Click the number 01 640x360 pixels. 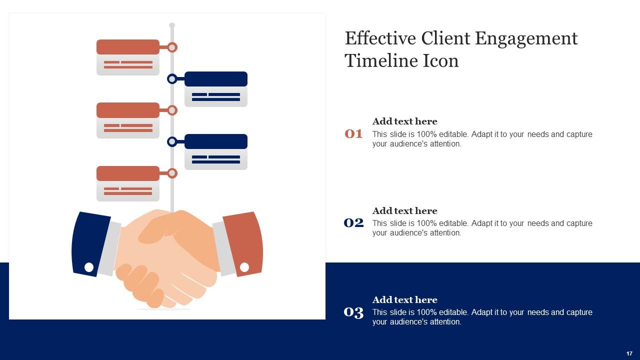click(x=353, y=134)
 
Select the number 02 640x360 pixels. click(x=353, y=223)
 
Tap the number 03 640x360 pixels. click(x=353, y=312)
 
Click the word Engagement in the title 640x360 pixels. click(x=526, y=39)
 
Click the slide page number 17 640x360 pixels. click(x=629, y=353)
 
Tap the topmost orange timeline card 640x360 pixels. click(x=128, y=57)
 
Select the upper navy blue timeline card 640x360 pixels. click(x=216, y=89)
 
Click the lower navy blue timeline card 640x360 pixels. click(x=216, y=151)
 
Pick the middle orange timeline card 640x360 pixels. click(x=128, y=120)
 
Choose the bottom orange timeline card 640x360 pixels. click(x=128, y=183)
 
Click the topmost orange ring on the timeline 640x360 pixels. click(x=172, y=47)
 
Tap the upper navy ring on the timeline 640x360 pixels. click(x=172, y=79)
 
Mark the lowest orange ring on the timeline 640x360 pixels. click(x=172, y=173)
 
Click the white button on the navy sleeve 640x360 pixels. click(x=89, y=267)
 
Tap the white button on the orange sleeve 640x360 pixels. click(x=244, y=267)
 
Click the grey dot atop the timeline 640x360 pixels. click(x=172, y=25)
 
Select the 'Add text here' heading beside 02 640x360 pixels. click(x=404, y=211)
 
